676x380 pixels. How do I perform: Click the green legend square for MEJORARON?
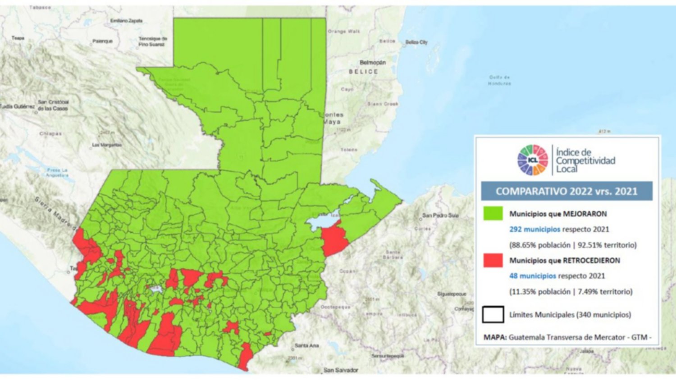click(x=493, y=213)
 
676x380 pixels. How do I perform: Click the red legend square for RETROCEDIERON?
click(x=493, y=260)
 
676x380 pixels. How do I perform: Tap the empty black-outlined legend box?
click(x=493, y=314)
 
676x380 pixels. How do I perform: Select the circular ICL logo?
click(x=532, y=160)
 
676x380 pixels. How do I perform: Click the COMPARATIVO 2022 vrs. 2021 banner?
click(x=566, y=191)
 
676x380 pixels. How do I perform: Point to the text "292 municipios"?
click(x=534, y=229)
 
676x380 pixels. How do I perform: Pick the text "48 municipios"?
click(x=532, y=276)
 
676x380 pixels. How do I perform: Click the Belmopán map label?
click(x=372, y=63)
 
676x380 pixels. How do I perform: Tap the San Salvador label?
click(x=341, y=370)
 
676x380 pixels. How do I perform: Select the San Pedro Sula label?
click(x=440, y=215)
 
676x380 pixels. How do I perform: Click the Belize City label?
click(x=416, y=42)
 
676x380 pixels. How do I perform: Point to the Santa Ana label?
click(x=306, y=346)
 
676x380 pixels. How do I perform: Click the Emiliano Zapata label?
click(x=126, y=21)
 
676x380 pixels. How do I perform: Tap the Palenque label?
click(x=102, y=41)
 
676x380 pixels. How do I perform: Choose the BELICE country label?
click(x=363, y=72)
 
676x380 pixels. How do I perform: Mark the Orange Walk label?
click(x=344, y=32)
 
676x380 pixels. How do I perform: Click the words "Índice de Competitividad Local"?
click(x=585, y=160)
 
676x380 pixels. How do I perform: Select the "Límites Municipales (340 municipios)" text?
click(x=570, y=315)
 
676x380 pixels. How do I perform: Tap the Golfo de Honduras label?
click(x=499, y=80)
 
